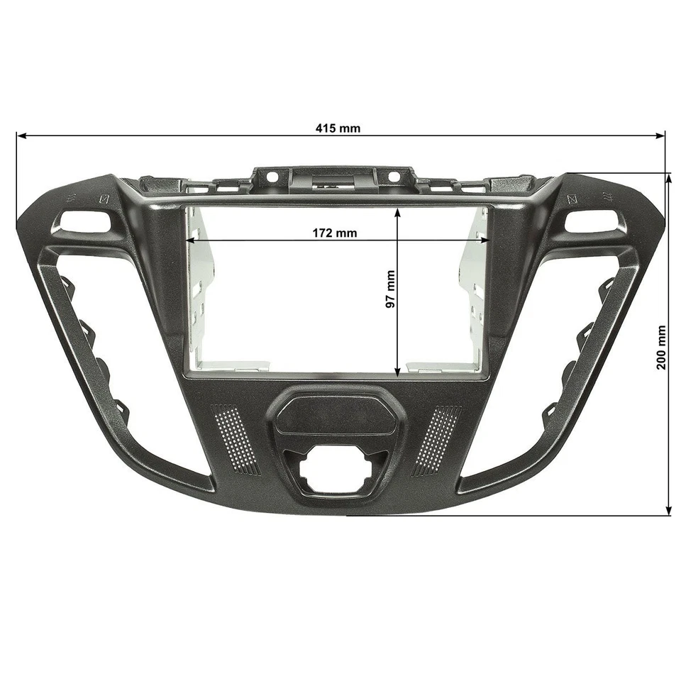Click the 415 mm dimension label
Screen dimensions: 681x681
coord(338,128)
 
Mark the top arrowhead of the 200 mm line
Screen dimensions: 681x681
coord(669,178)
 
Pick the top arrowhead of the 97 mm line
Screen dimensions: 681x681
coord(399,212)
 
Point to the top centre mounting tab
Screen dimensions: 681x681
coord(333,177)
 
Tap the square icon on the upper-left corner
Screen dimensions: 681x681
coord(104,199)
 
